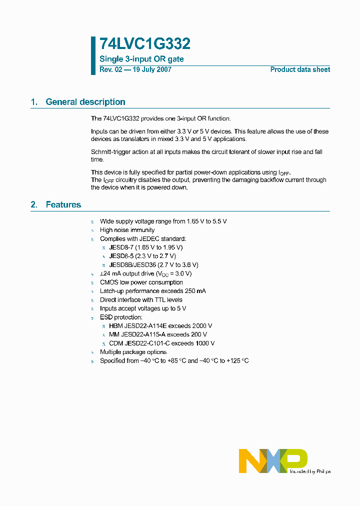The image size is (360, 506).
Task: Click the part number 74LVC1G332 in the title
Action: (x=145, y=44)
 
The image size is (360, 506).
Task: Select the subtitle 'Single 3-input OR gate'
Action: (x=141, y=59)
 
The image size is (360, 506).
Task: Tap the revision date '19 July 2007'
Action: (x=151, y=69)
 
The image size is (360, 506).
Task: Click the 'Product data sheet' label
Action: (x=300, y=69)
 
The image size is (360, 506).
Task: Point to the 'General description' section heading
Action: (x=85, y=102)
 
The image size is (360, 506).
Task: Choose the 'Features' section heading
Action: (x=63, y=204)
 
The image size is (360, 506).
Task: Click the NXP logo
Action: (x=272, y=460)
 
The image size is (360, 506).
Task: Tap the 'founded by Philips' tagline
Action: (x=310, y=471)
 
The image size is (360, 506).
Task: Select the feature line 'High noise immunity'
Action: (x=127, y=230)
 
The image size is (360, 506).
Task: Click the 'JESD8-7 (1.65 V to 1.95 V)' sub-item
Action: (x=146, y=247)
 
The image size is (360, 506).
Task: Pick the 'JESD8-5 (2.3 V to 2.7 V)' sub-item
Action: (x=142, y=256)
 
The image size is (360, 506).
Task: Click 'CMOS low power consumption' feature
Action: (x=141, y=282)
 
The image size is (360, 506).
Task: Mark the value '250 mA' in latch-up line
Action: (x=194, y=291)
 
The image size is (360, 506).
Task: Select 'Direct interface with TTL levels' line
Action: (x=141, y=300)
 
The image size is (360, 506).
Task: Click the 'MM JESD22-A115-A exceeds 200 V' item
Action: (x=158, y=334)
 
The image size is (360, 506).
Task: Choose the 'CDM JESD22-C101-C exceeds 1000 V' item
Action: (x=161, y=343)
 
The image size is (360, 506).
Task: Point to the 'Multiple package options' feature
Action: (x=133, y=352)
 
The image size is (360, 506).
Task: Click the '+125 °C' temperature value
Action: (x=237, y=360)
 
